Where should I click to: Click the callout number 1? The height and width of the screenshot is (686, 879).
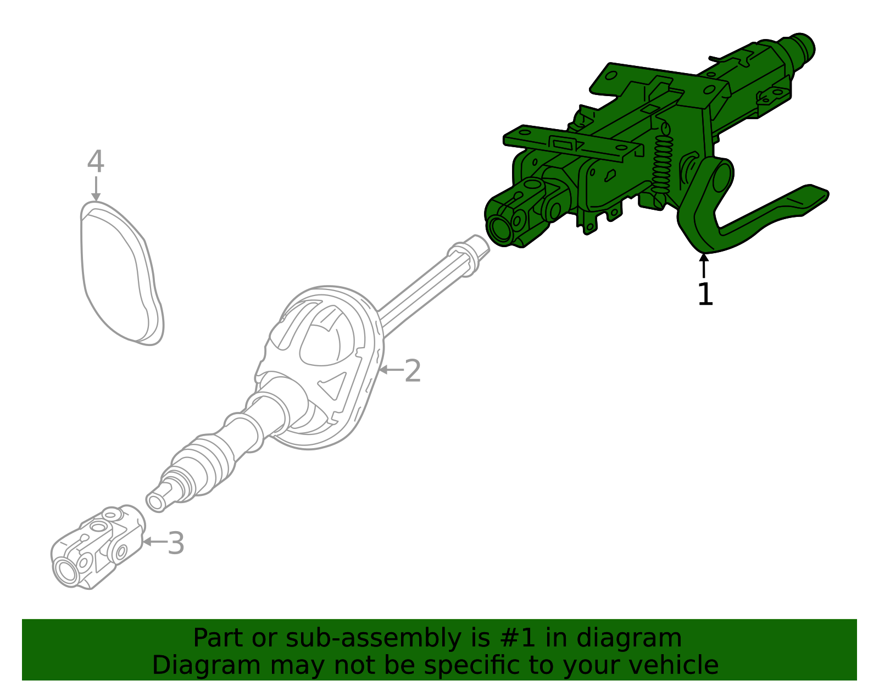pos(705,294)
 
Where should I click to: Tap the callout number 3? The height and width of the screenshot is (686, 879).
pos(176,543)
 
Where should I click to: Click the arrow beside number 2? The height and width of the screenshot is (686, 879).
pos(391,370)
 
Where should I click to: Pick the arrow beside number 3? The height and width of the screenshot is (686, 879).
pos(154,542)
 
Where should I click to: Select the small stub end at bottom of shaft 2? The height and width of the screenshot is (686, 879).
pos(157,501)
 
